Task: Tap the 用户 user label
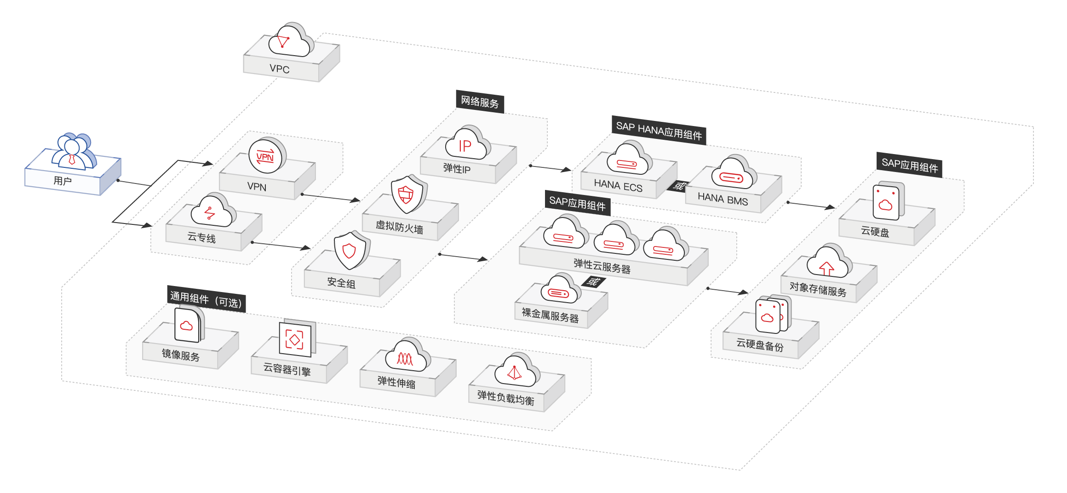click(x=63, y=181)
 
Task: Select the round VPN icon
click(x=267, y=155)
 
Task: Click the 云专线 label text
click(x=201, y=237)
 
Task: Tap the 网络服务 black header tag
click(x=480, y=102)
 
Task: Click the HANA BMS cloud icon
click(x=734, y=172)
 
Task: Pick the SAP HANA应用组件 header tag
click(x=659, y=130)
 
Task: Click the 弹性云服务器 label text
click(x=602, y=266)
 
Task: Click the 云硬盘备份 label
click(x=760, y=345)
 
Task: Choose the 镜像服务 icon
click(x=189, y=324)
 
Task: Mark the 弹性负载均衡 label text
click(x=505, y=398)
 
